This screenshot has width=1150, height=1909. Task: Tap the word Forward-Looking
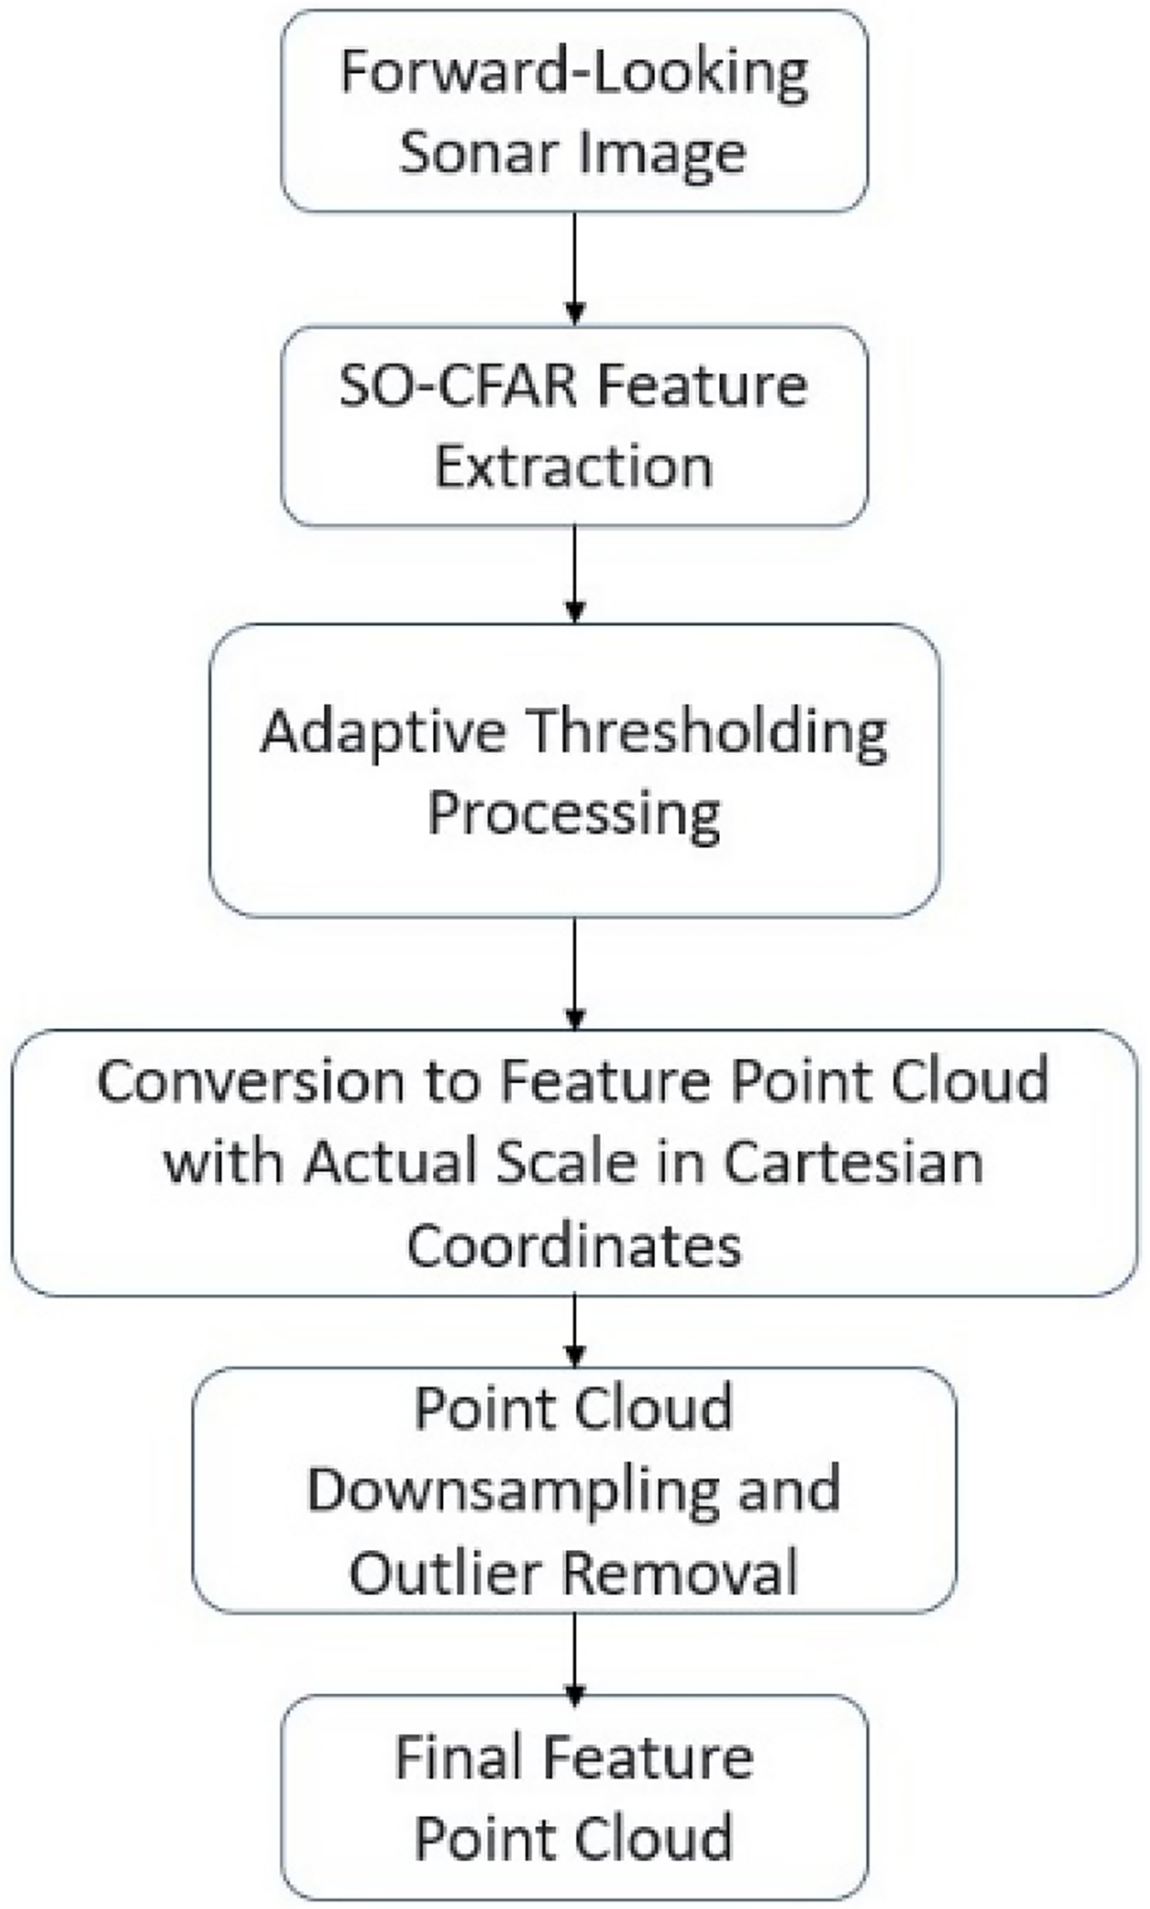pos(574,73)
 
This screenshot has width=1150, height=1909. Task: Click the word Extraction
pos(574,467)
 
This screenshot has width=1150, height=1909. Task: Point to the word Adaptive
pos(382,733)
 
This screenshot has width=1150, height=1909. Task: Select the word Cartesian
pos(854,1162)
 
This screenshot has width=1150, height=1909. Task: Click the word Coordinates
pos(574,1245)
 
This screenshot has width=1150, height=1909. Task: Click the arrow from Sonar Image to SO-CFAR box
pos(575,268)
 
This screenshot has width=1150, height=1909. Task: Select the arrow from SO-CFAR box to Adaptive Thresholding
pos(575,574)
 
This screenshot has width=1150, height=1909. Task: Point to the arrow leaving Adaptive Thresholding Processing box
pos(575,973)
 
